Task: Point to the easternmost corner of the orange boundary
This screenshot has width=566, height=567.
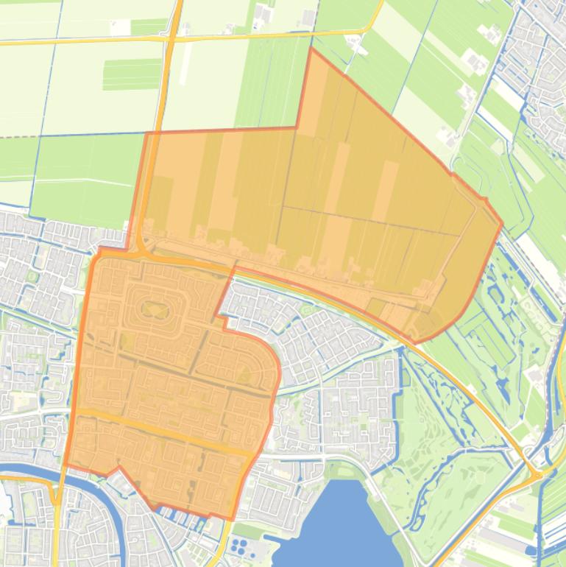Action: (503, 225)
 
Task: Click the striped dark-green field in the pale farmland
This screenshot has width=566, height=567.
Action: (132, 74)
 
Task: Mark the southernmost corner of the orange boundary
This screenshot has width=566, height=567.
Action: (231, 520)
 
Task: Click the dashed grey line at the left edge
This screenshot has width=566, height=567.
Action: (15, 136)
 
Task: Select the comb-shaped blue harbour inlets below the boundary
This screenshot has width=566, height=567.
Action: (184, 519)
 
